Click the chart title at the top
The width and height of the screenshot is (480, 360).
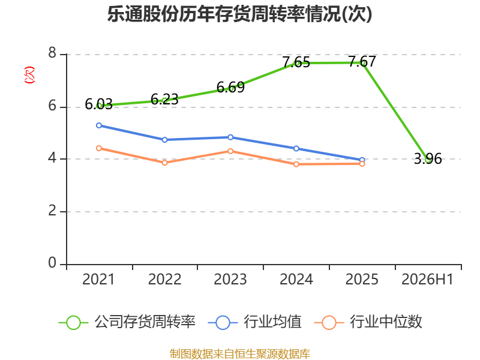point(239,14)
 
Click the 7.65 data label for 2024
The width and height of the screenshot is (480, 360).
point(296,62)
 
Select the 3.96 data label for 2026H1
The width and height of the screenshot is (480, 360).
point(428,159)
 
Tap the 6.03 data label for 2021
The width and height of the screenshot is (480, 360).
point(98,104)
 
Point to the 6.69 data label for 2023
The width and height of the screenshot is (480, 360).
point(230,88)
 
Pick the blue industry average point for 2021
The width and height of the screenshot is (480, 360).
point(99,125)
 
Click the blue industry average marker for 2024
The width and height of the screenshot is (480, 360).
point(296,148)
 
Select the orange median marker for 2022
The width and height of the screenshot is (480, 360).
point(164,163)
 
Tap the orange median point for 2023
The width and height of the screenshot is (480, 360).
point(230,151)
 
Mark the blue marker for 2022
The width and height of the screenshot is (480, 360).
point(164,140)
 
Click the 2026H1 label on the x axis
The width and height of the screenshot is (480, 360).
point(427,280)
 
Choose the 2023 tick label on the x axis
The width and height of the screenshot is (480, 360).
point(230,280)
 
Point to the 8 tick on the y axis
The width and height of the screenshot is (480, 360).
point(52,53)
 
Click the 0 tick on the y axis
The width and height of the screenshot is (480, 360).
point(52,263)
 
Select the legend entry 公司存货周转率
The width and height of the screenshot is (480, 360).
point(127,322)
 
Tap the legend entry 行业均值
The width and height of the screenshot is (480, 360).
point(254,322)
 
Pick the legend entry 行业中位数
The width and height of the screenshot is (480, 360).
point(368,322)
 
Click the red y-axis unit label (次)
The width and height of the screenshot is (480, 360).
point(29,75)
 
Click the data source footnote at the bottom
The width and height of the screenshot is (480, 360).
point(240,354)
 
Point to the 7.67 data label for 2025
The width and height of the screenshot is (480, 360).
point(362,62)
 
